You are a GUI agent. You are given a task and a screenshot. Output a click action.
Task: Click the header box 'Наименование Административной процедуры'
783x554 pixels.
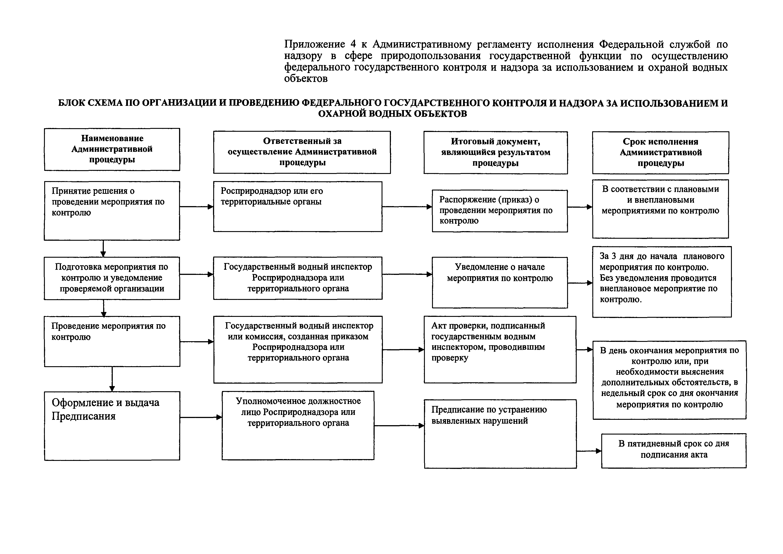112,149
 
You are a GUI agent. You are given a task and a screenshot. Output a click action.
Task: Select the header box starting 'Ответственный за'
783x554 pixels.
302,152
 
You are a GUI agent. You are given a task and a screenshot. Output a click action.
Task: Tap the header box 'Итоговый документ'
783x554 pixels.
495,153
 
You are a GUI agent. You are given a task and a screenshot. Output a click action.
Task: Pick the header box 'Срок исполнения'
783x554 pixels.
661,153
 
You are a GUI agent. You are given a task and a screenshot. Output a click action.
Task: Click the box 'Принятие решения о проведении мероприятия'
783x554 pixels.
112,211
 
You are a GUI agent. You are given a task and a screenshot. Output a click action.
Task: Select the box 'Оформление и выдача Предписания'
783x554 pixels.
112,426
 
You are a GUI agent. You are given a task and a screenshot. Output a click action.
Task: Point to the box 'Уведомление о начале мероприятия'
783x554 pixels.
500,282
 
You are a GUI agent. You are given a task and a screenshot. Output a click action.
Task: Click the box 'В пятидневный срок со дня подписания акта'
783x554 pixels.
674,451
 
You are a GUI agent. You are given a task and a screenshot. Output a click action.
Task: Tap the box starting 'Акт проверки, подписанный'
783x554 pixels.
500,349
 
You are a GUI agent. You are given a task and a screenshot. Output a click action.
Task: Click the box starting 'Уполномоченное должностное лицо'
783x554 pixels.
298,425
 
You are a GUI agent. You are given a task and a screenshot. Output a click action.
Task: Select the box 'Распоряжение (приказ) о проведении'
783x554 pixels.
500,211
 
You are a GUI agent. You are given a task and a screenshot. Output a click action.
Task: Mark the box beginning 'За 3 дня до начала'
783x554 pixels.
662,282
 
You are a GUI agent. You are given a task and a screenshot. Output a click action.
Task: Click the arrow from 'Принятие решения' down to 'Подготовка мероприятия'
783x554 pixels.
103,248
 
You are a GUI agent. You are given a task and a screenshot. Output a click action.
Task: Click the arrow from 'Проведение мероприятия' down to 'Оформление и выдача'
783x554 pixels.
112,379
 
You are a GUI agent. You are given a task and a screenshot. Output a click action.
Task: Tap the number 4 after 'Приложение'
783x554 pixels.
353,44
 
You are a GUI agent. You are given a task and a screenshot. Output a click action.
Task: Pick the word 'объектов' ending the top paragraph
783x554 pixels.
306,79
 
